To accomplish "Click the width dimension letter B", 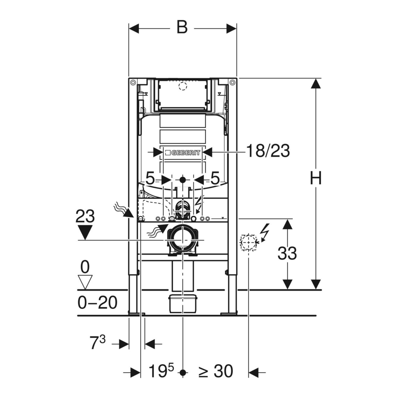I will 182,27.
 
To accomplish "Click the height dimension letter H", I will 315,178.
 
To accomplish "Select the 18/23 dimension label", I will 268,151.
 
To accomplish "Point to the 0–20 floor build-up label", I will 97,302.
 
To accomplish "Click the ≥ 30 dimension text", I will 216,371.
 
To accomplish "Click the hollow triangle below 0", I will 85,282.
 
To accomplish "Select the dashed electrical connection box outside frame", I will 248,242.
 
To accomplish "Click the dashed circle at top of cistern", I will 183,86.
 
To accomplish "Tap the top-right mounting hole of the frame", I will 232,82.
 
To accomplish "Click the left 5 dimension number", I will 150,179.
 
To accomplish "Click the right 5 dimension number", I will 215,178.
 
